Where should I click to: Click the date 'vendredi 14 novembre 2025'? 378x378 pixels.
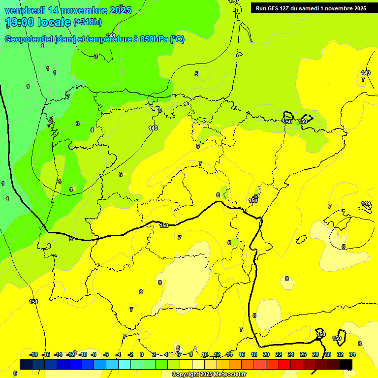pos(68,10)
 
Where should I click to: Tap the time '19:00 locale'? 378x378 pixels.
pos(37,22)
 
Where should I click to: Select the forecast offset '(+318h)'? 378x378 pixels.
pos(88,22)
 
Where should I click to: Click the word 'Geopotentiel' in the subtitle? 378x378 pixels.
pos(28,39)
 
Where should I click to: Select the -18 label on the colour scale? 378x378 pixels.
pos(33,354)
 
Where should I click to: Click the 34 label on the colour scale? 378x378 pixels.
pos(352,354)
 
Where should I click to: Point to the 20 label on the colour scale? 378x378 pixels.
pos(266,354)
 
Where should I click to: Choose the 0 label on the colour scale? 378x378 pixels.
pos(142,354)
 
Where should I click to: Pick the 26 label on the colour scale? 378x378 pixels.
pos(303,354)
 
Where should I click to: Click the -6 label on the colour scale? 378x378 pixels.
pos(106,354)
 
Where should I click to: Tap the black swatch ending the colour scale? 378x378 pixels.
pos(346,364)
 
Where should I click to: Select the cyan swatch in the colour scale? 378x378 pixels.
pos(125,364)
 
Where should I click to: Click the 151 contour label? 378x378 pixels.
pos(33,302)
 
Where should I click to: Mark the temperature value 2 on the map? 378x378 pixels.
pos(51,121)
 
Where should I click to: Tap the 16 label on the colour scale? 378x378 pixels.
pos(242,354)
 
